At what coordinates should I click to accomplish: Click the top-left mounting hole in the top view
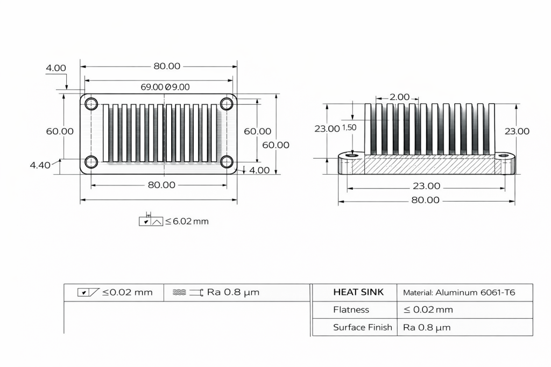(x=91, y=103)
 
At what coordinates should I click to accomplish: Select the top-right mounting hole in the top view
(x=227, y=103)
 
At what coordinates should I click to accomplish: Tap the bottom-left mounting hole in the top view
(x=91, y=161)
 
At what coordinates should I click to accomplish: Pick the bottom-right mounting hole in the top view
(x=227, y=161)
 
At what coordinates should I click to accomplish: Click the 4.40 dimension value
(x=40, y=165)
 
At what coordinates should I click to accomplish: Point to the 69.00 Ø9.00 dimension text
(x=165, y=87)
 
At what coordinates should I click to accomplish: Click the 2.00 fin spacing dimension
(x=399, y=97)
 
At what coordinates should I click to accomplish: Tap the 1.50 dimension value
(x=349, y=127)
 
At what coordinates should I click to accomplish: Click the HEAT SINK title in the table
(x=358, y=292)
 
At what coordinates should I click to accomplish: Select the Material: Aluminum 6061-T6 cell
(x=458, y=292)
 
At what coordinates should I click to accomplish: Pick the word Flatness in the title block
(x=351, y=310)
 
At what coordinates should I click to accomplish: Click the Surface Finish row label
(x=362, y=327)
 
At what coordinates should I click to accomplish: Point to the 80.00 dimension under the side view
(x=425, y=200)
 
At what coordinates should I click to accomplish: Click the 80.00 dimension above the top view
(x=167, y=66)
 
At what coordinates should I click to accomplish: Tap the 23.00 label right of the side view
(x=517, y=131)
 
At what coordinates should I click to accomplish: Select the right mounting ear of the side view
(x=505, y=163)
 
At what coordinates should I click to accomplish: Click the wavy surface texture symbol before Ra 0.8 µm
(x=180, y=292)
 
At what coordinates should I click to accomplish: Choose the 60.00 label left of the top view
(x=60, y=131)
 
